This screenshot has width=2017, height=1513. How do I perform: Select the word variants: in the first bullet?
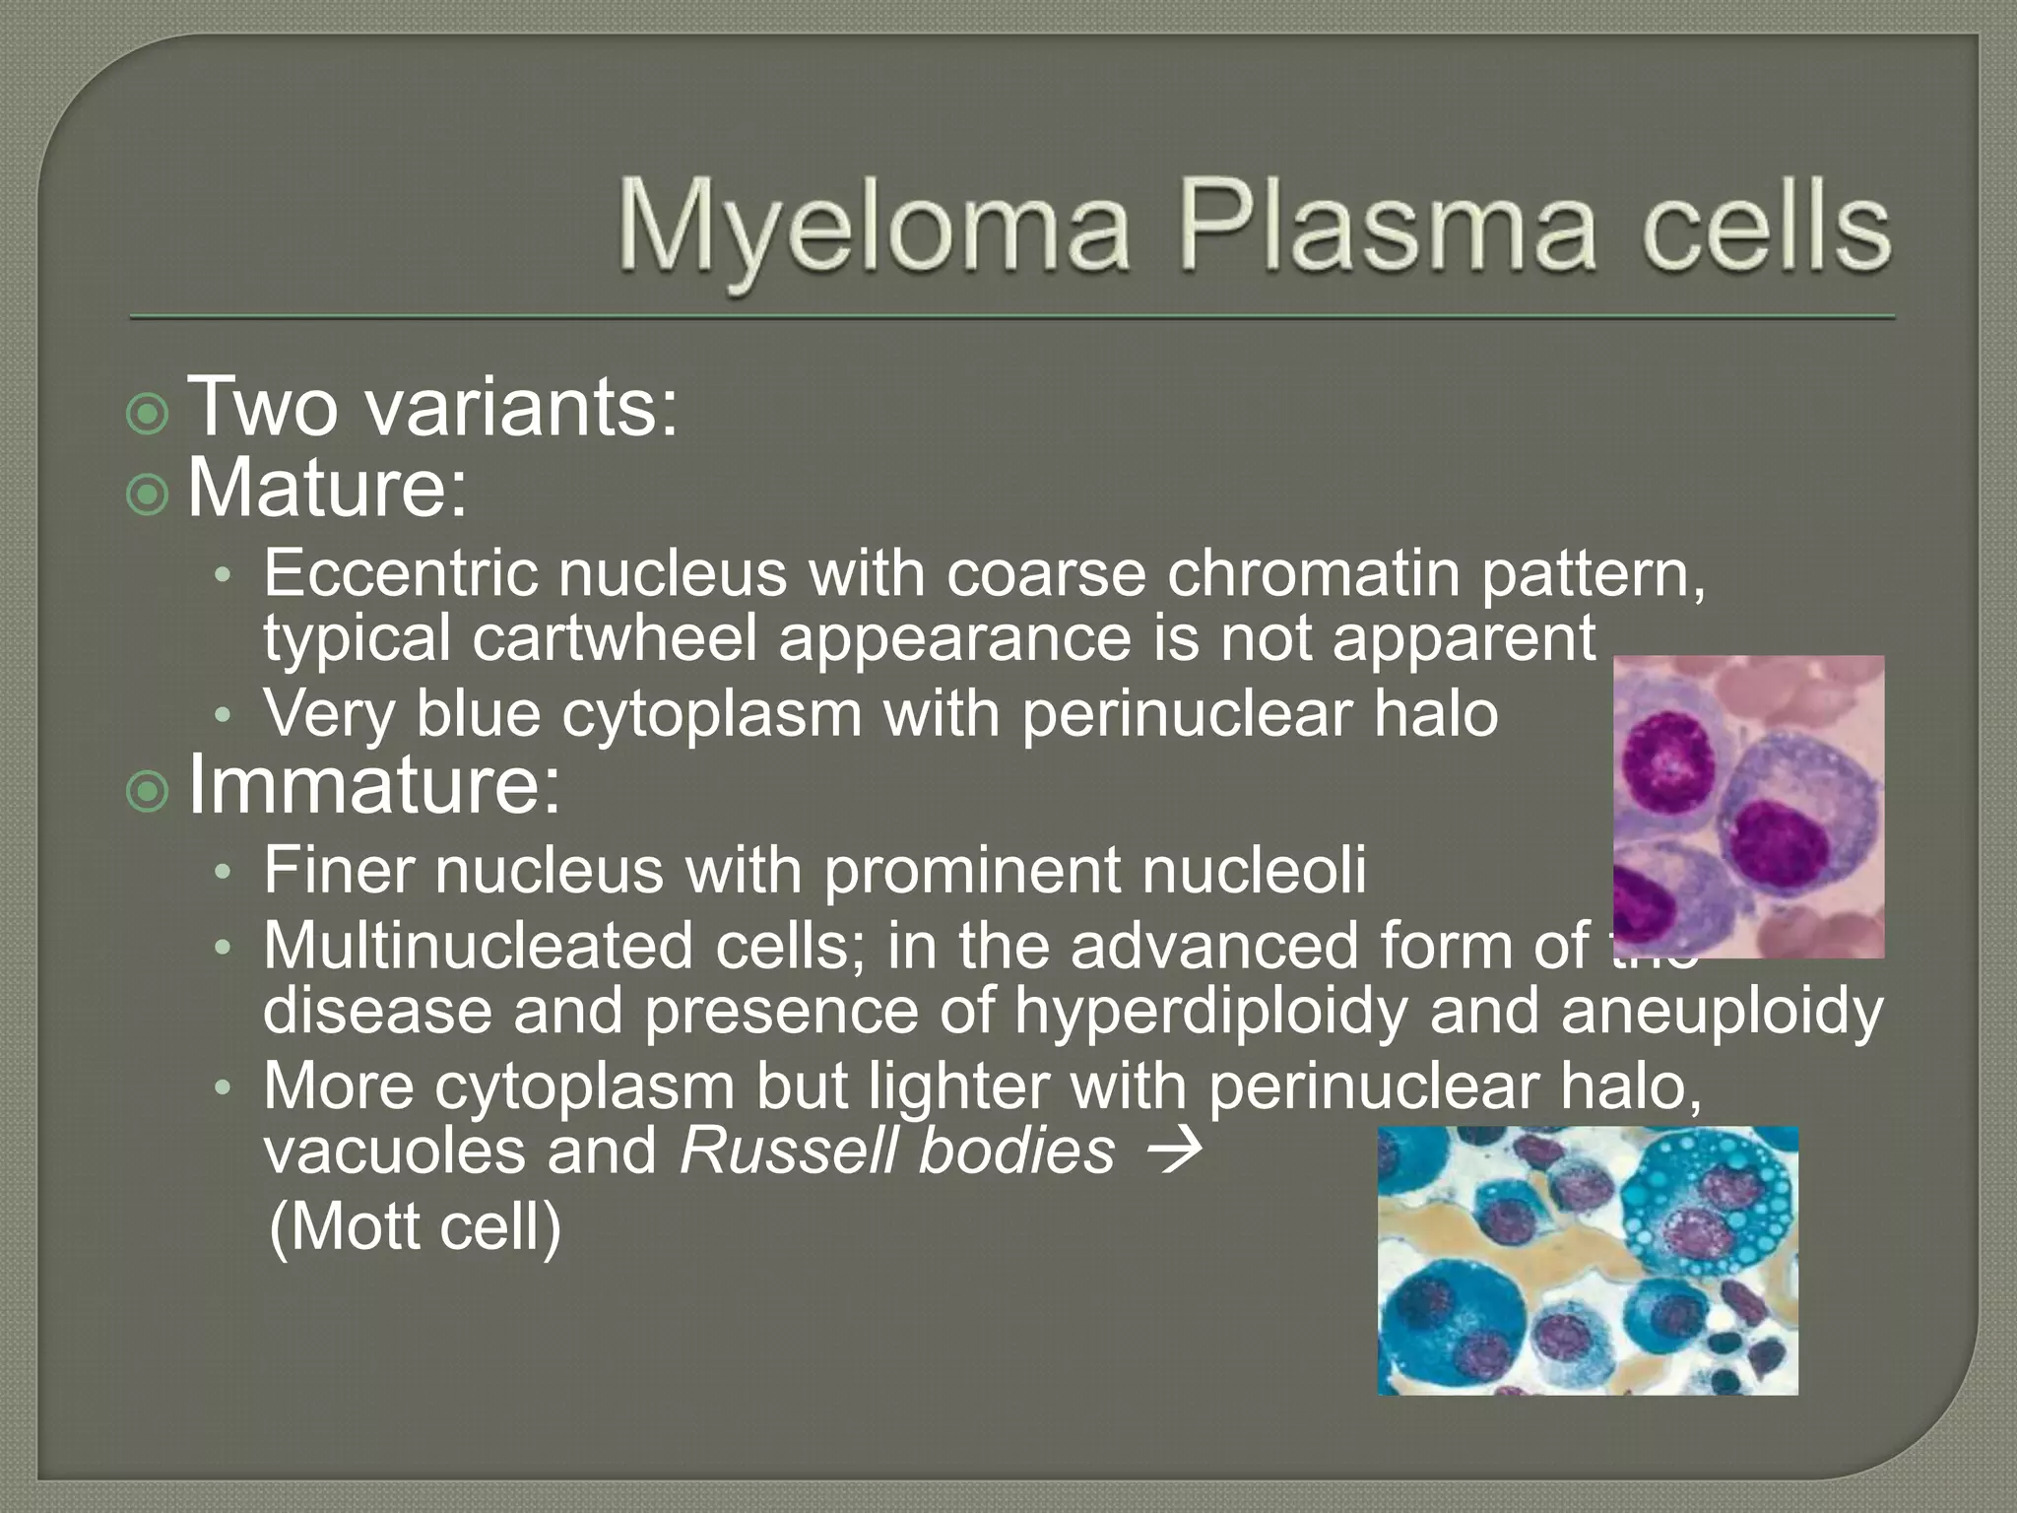point(522,406)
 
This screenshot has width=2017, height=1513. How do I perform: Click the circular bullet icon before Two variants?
point(148,413)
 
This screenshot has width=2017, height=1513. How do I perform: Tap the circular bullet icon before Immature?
point(148,790)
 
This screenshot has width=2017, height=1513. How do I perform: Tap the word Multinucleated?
point(479,946)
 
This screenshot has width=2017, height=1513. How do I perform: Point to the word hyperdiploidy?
point(1210,1012)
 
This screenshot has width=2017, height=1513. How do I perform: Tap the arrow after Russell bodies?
point(1174,1150)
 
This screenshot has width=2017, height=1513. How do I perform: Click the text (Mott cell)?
point(415,1226)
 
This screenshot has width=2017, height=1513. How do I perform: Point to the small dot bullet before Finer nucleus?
point(224,872)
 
